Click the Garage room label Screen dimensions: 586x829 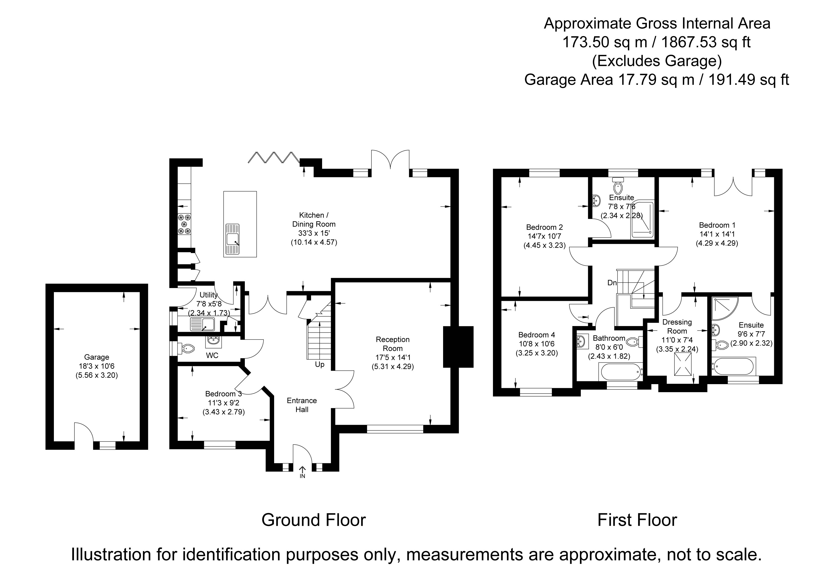point(96,357)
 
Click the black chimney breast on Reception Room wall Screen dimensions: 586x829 point(458,347)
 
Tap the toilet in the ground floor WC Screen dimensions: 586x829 point(187,348)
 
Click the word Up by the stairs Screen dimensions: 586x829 point(320,365)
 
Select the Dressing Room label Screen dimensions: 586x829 point(677,326)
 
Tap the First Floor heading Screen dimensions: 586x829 point(637,520)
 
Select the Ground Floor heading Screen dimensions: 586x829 point(313,520)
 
